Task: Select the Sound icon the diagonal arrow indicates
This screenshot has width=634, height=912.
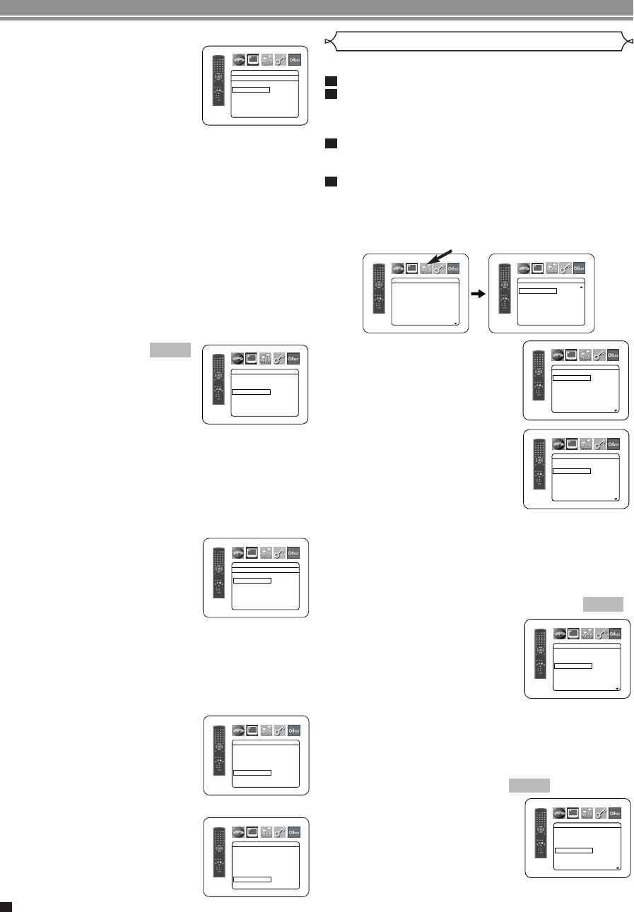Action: pyautogui.click(x=426, y=268)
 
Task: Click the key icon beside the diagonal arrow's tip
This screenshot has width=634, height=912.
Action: pyautogui.click(x=440, y=268)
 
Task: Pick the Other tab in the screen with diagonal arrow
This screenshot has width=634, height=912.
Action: pyautogui.click(x=453, y=268)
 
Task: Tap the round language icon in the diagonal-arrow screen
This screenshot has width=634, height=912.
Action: pyautogui.click(x=398, y=268)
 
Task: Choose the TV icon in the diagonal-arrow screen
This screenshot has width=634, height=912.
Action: pyautogui.click(x=412, y=268)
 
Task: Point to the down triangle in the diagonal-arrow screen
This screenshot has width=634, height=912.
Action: pyautogui.click(x=457, y=323)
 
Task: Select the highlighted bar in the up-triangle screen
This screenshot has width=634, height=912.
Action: pyautogui.click(x=537, y=290)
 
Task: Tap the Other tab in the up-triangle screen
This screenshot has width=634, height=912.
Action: pyautogui.click(x=579, y=268)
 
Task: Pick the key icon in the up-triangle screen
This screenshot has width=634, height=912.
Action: pyautogui.click(x=565, y=268)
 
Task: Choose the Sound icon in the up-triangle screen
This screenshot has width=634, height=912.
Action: pyautogui.click(x=552, y=268)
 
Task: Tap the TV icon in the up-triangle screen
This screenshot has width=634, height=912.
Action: pyautogui.click(x=538, y=268)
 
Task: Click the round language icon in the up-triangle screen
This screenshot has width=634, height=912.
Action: pyautogui.click(x=524, y=268)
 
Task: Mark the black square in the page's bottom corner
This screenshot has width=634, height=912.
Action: pyautogui.click(x=6, y=906)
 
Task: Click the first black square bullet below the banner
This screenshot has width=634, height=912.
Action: pyautogui.click(x=329, y=81)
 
